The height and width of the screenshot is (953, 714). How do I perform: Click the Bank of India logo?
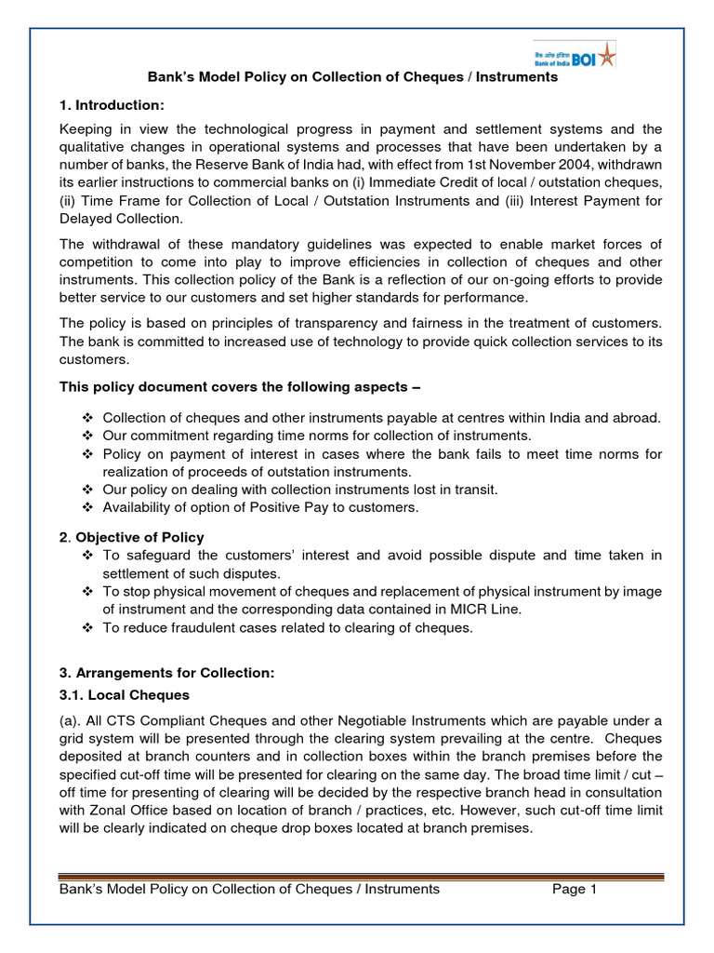(x=574, y=55)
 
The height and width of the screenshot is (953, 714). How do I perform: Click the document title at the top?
(x=353, y=77)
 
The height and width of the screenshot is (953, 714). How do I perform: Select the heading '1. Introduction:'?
(x=112, y=105)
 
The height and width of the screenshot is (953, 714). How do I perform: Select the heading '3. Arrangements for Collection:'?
(x=166, y=672)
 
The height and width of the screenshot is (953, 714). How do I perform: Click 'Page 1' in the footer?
(x=574, y=889)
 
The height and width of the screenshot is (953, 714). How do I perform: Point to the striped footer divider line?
(x=361, y=875)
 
